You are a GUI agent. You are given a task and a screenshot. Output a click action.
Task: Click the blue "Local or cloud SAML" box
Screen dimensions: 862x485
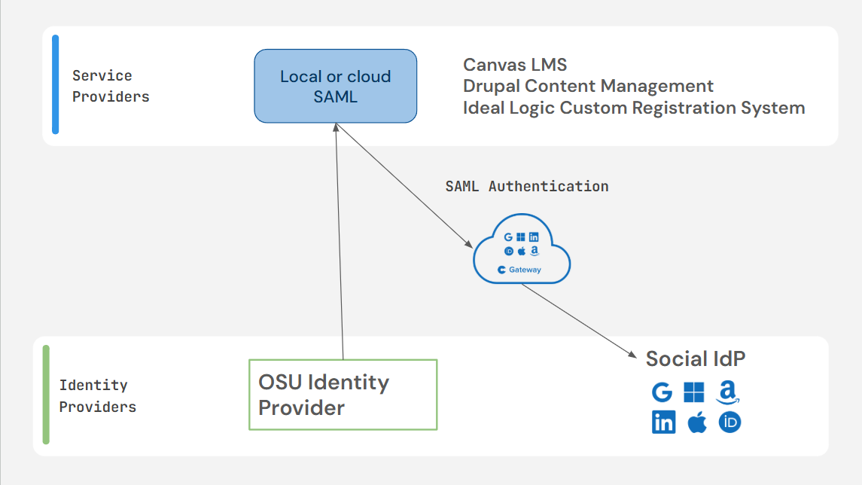(335, 86)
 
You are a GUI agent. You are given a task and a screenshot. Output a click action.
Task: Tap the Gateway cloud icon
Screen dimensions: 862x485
(521, 249)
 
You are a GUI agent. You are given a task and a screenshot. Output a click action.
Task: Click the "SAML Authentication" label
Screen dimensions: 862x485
(527, 187)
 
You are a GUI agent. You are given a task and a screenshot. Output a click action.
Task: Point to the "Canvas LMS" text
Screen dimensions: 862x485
(514, 65)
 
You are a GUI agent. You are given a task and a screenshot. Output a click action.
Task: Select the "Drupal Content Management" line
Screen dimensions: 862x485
(588, 87)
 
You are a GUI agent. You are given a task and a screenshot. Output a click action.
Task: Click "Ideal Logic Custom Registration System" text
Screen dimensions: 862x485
(634, 108)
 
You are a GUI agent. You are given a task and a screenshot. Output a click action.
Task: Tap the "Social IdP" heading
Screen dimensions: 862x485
(696, 358)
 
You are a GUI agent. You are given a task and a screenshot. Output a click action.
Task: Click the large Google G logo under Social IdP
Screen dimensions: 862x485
(662, 392)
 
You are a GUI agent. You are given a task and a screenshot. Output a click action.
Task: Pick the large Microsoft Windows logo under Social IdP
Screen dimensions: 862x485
(694, 392)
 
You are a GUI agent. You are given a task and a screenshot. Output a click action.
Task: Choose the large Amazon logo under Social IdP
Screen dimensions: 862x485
(728, 392)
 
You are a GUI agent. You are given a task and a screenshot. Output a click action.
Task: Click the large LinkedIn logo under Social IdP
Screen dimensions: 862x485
(663, 422)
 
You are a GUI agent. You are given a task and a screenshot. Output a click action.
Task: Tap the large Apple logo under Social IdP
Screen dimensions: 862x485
(697, 422)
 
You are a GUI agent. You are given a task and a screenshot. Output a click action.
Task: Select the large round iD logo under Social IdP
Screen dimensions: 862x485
(730, 422)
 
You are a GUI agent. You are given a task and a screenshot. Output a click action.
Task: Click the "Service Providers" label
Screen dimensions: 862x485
(111, 86)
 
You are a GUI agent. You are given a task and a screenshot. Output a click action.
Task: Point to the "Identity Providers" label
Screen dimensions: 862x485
(97, 396)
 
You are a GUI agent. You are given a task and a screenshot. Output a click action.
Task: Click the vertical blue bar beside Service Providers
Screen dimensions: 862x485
(56, 84)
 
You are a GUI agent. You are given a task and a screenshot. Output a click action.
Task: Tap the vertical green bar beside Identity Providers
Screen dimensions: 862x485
(46, 395)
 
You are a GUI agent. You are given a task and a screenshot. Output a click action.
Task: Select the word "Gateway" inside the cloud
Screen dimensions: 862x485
(525, 270)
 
